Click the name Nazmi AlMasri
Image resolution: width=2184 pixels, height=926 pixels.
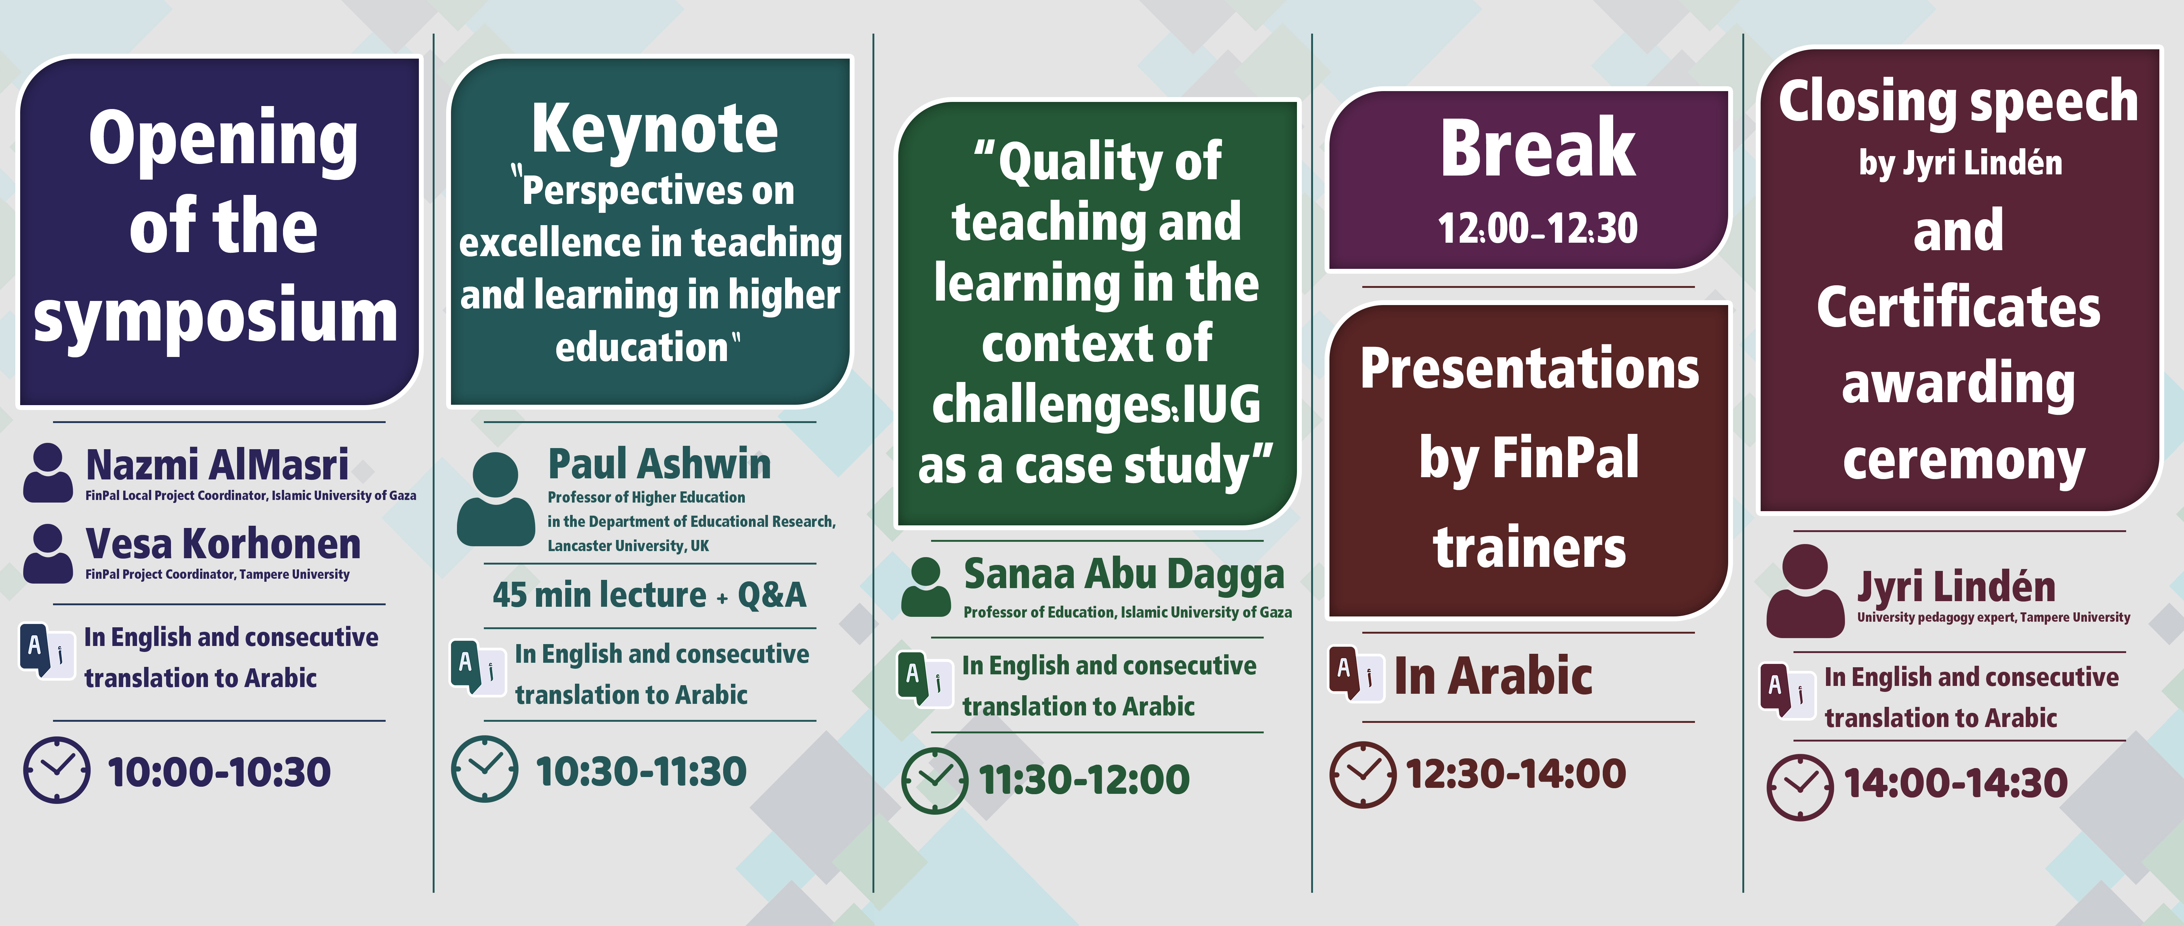coord(217,465)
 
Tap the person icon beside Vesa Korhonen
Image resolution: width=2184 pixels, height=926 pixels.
coord(47,553)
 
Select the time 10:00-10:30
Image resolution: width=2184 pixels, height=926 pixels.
coord(219,772)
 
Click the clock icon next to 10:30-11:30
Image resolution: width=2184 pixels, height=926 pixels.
coord(484,769)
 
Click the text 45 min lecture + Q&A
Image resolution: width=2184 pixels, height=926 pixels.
coord(650,594)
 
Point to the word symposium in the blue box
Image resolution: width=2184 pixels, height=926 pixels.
coord(215,316)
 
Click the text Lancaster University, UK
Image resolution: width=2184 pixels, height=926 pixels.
coord(628,545)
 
